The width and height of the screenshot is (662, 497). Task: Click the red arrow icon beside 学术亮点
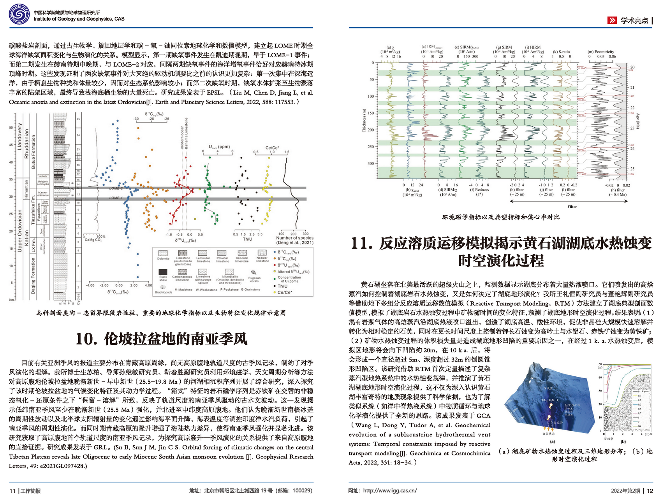tap(612, 20)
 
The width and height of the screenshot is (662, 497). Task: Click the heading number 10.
tap(85, 339)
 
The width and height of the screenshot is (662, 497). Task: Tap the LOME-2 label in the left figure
tap(116, 188)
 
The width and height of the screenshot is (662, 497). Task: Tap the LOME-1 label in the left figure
tap(116, 198)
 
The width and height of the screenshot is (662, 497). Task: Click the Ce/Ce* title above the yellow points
tap(272, 148)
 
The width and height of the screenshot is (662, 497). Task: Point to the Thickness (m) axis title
tap(364, 114)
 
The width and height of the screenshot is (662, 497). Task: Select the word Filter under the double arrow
tap(572, 207)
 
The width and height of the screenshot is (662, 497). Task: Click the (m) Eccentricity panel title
tap(601, 51)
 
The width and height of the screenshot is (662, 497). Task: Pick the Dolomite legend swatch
tap(163, 253)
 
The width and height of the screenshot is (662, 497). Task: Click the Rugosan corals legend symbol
tap(254, 272)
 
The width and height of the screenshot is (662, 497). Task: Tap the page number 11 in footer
tap(12, 491)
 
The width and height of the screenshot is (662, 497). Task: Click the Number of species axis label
tap(294, 238)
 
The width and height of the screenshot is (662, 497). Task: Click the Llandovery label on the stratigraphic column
tap(19, 137)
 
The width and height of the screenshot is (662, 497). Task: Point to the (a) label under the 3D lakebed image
tap(552, 441)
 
